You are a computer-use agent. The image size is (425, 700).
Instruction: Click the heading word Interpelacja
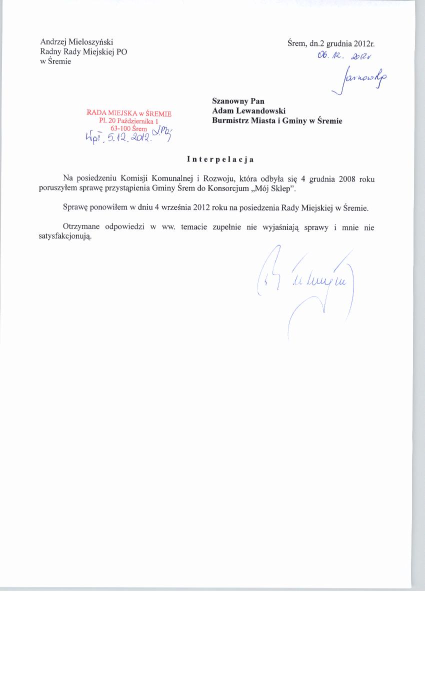220,159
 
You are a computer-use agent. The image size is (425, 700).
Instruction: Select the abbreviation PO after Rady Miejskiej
121,52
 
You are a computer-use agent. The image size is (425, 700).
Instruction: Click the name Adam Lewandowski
248,111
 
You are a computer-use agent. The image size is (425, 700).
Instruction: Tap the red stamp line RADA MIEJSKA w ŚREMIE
129,113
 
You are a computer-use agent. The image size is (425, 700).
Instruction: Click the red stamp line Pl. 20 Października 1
128,121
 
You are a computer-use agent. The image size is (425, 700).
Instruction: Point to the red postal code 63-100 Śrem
129,128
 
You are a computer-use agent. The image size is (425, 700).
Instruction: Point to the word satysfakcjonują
65,237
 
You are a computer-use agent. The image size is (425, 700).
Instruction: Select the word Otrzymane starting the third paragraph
81,227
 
